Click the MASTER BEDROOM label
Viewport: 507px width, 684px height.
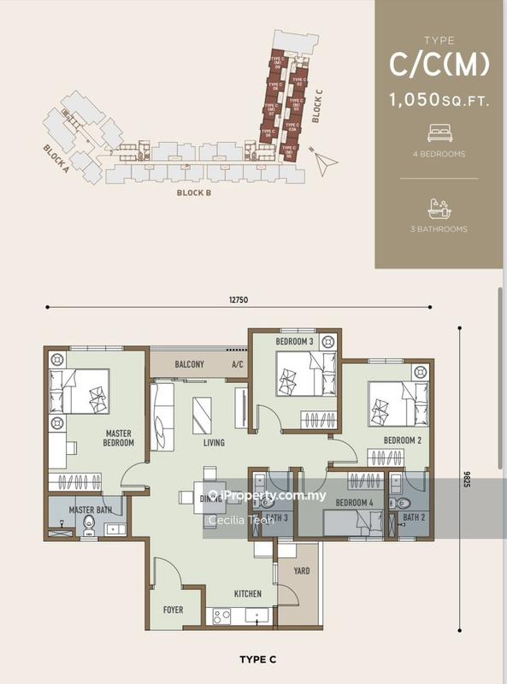(x=119, y=438)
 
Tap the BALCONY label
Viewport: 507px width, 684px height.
(x=189, y=365)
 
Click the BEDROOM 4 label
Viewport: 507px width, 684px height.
(x=353, y=503)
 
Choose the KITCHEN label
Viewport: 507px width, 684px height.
(x=248, y=593)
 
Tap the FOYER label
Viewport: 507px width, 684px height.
(x=174, y=610)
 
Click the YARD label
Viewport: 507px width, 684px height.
(x=301, y=571)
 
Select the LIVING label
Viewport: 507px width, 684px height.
(x=214, y=443)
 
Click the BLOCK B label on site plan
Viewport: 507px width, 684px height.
(x=194, y=193)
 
